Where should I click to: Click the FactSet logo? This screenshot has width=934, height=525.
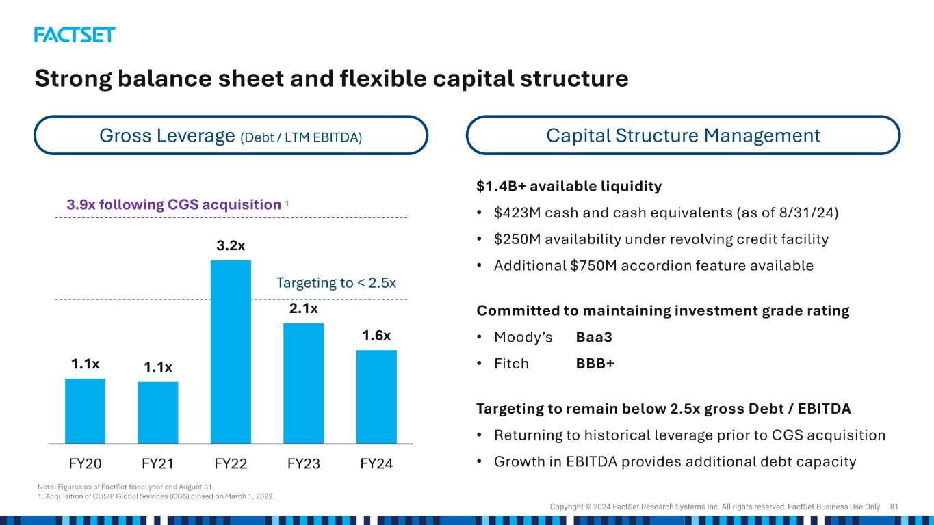coord(75,35)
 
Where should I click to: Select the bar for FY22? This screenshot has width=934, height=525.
coord(231,352)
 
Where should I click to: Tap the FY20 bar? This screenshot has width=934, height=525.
coord(85,412)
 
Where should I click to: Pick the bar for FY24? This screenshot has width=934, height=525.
coord(376,396)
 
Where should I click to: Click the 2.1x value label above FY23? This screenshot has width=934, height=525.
coord(304,308)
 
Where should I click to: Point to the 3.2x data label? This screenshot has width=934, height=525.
coord(231,245)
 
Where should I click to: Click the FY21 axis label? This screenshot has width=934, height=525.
coord(157,463)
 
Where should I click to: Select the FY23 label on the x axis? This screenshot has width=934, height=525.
coord(304,463)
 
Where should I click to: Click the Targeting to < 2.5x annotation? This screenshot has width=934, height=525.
coord(336,283)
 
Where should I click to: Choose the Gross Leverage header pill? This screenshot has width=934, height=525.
coord(231,135)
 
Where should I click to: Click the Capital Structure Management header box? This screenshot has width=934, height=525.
coord(683,135)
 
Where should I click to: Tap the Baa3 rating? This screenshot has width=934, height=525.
coord(594,337)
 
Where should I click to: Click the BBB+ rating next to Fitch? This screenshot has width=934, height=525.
coord(595,364)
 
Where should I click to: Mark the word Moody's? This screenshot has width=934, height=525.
coord(523,337)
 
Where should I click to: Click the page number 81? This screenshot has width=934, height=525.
coord(894,507)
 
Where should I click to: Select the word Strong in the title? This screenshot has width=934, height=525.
coord(73,79)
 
